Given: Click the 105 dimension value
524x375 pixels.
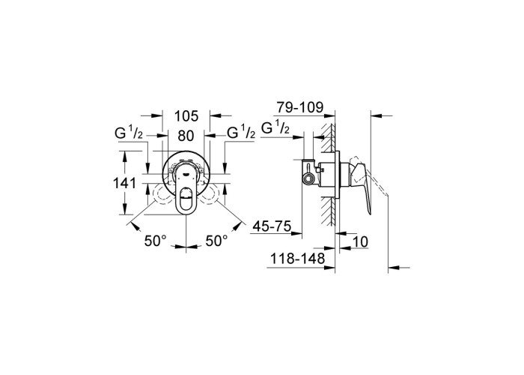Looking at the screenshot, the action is pyautogui.click(x=186, y=115).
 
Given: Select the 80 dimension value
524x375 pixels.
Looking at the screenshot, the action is pyautogui.click(x=186, y=136).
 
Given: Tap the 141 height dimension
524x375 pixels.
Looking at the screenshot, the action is pyautogui.click(x=124, y=183).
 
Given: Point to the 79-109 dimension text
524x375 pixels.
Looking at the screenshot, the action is pyautogui.click(x=300, y=107).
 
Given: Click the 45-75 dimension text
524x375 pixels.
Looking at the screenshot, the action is pyautogui.click(x=272, y=226).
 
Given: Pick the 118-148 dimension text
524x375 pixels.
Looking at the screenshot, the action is pyautogui.click(x=297, y=259).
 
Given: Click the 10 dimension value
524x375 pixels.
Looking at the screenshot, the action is pyautogui.click(x=360, y=241).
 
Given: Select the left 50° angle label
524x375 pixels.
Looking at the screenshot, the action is pyautogui.click(x=156, y=241).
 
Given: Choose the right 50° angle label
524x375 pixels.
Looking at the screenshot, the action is pyautogui.click(x=216, y=241).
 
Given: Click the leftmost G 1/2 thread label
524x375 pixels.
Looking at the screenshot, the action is pyautogui.click(x=129, y=133).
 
